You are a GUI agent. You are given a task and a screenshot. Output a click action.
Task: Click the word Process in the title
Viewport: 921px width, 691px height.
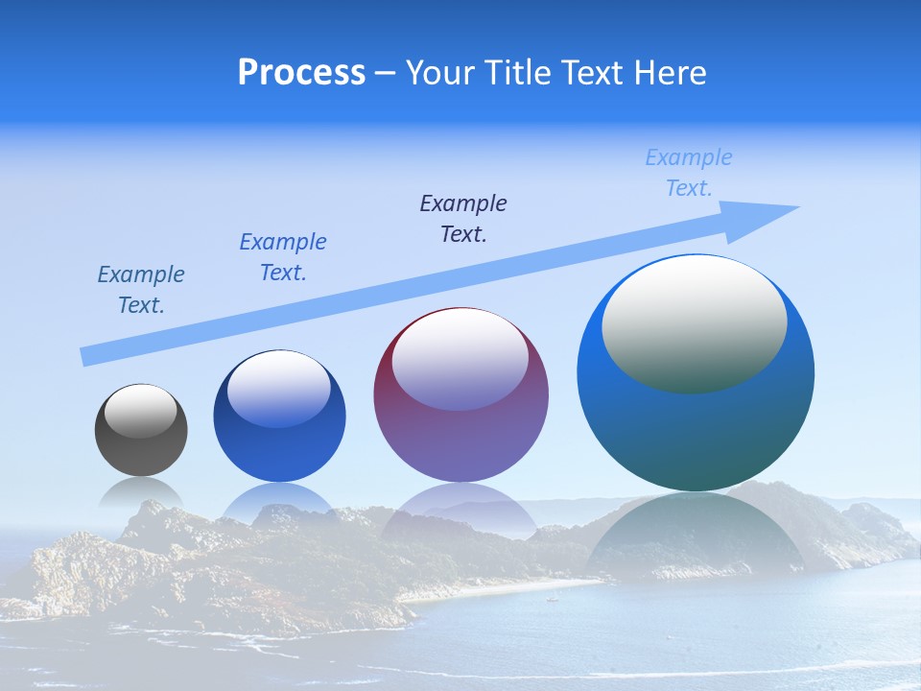click(301, 73)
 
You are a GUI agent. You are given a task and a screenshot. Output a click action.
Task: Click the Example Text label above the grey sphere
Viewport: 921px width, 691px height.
click(141, 290)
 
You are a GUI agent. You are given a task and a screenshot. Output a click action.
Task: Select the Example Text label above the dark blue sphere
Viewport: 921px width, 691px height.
click(283, 257)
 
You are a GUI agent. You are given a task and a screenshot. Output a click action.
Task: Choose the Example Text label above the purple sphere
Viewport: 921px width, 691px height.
click(463, 219)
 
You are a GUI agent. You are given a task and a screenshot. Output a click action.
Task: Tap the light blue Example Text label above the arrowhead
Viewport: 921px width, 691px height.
click(689, 173)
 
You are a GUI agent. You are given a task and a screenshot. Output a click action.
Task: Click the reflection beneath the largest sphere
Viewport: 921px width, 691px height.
click(696, 537)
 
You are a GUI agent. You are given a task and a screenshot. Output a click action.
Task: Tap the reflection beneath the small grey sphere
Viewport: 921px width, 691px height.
click(141, 495)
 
